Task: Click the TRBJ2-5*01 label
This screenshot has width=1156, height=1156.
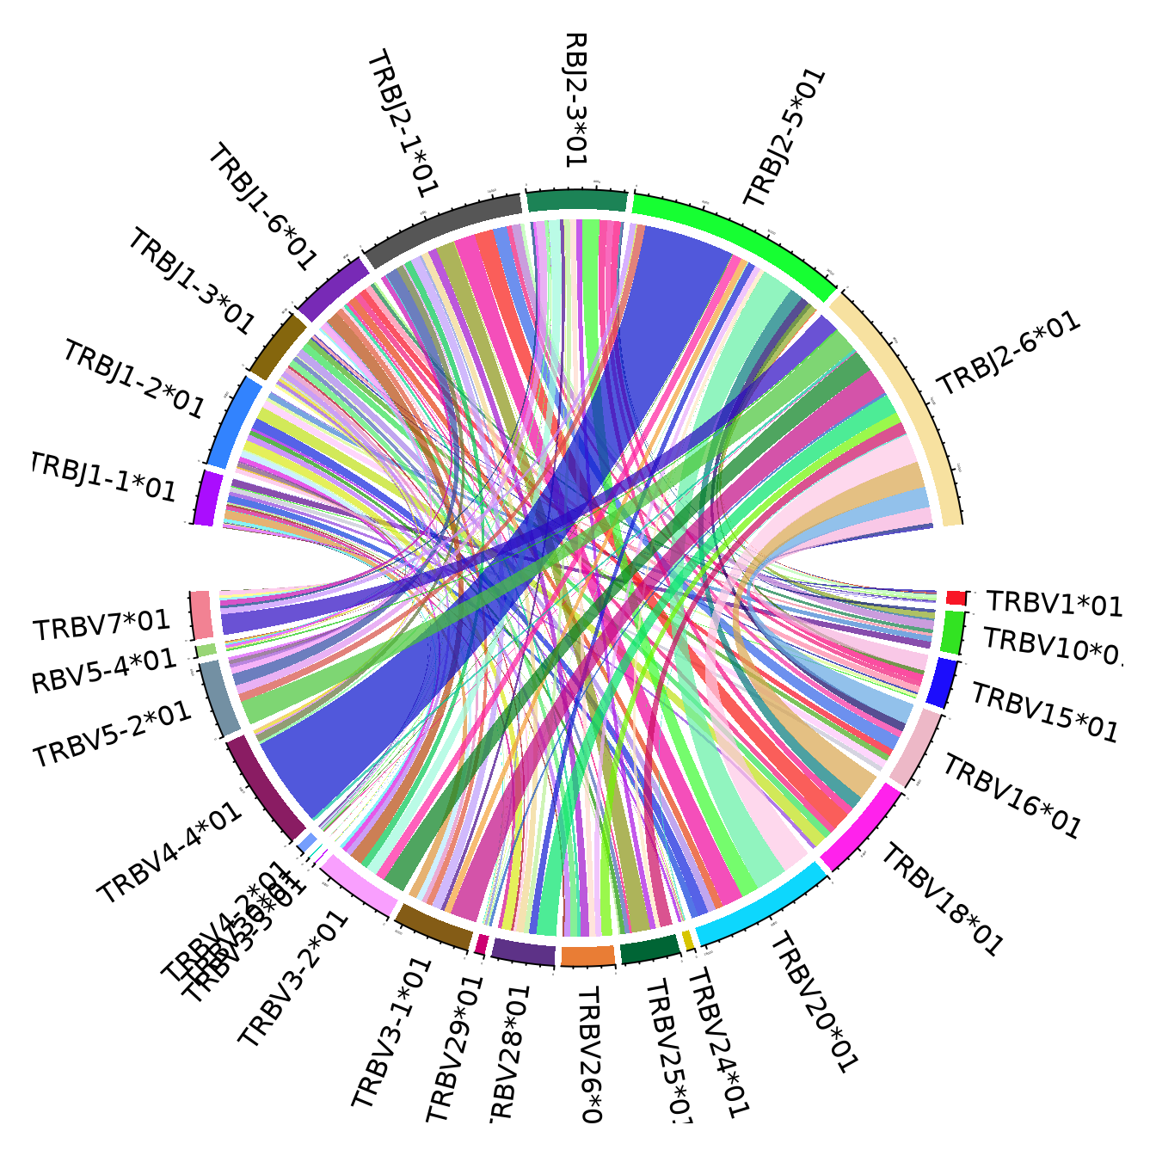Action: click(784, 138)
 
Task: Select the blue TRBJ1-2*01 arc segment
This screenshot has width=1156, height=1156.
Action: click(235, 421)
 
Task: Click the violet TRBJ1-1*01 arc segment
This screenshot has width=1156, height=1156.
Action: click(206, 497)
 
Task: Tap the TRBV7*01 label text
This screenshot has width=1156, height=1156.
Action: click(101, 625)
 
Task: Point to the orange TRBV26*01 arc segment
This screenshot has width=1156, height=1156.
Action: click(588, 956)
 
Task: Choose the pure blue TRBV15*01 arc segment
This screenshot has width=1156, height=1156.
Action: click(944, 683)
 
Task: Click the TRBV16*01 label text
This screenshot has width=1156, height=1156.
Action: click(1012, 796)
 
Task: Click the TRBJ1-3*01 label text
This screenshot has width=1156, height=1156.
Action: click(191, 282)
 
